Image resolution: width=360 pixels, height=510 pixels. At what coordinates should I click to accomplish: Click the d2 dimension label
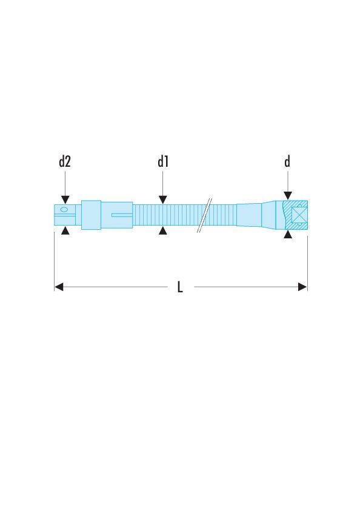click(x=65, y=161)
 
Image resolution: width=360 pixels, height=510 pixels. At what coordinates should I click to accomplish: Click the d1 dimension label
click(x=162, y=161)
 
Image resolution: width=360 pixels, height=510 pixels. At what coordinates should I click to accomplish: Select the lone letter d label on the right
click(x=287, y=161)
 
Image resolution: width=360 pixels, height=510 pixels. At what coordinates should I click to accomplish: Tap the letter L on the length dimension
click(x=180, y=287)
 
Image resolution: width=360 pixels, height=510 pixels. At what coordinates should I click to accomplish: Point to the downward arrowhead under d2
click(x=65, y=200)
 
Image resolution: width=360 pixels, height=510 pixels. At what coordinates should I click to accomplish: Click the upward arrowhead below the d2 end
click(x=65, y=231)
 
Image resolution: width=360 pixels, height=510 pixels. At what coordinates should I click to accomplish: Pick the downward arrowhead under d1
click(x=162, y=200)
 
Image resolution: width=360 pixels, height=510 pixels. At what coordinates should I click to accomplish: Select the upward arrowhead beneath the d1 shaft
click(x=162, y=231)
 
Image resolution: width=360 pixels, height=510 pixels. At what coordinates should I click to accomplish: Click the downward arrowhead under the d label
click(x=287, y=196)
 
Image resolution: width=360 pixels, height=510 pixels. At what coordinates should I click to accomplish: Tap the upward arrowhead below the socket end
click(x=287, y=235)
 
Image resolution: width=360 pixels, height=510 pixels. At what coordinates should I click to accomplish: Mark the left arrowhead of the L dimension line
click(x=59, y=287)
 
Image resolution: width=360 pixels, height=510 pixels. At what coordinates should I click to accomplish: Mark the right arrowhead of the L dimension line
click(x=302, y=287)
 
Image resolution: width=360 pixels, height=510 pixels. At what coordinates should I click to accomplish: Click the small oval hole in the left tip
click(x=64, y=209)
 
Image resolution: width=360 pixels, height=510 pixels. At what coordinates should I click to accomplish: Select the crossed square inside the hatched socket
click(x=298, y=215)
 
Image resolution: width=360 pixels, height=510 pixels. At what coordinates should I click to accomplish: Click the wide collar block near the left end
click(x=91, y=215)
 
